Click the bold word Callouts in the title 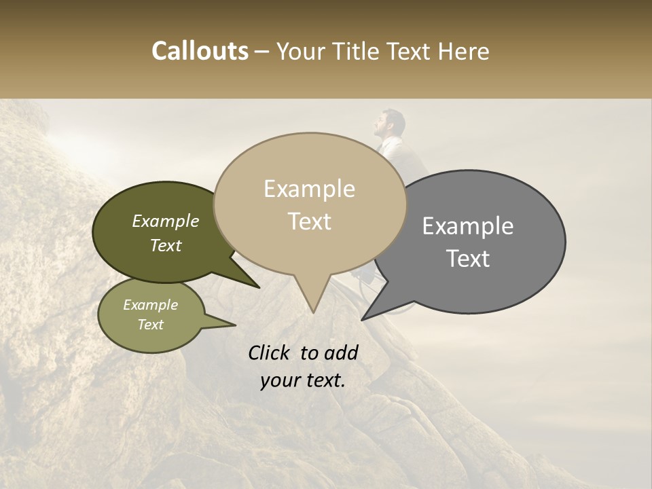(x=200, y=51)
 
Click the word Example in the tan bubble (x=309, y=189)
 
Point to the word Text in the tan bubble (x=310, y=221)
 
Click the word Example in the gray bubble (x=468, y=226)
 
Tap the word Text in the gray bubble (x=469, y=259)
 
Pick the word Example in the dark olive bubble (x=165, y=221)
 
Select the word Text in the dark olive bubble (x=166, y=245)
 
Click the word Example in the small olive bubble (x=150, y=305)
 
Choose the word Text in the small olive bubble (x=150, y=325)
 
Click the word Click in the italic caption (x=270, y=352)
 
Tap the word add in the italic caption (x=340, y=352)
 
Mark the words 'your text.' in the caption (x=302, y=380)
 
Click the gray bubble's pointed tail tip (x=363, y=319)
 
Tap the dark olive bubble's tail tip (x=259, y=287)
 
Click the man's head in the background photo (x=391, y=122)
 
